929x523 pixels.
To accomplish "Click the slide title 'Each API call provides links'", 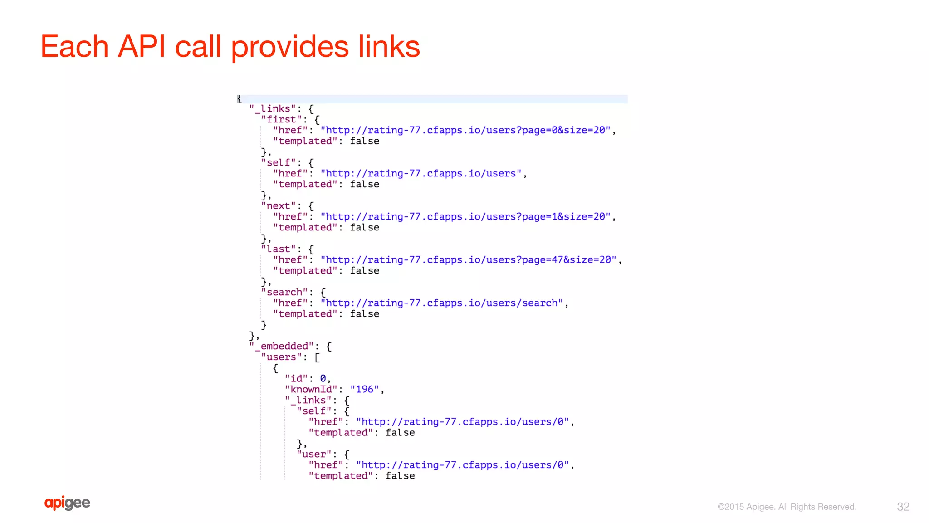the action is click(x=230, y=47).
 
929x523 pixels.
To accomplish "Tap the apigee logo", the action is click(x=67, y=503).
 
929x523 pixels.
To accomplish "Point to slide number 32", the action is click(x=903, y=507).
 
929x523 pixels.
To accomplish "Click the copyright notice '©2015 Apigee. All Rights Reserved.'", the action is click(x=787, y=507).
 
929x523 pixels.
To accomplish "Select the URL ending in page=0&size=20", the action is click(x=465, y=131).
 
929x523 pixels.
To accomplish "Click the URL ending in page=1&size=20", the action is click(x=465, y=217).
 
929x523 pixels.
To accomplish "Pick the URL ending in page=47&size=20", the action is click(x=468, y=260).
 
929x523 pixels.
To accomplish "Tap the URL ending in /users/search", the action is click(x=441, y=303).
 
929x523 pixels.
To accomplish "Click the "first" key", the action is click(x=281, y=120).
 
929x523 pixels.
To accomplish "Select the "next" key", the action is click(x=278, y=206).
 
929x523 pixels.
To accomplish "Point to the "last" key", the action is click(x=278, y=249).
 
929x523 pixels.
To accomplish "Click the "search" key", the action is click(x=284, y=292).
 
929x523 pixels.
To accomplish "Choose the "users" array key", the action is click(x=281, y=357).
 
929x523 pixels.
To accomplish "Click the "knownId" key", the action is click(x=311, y=390).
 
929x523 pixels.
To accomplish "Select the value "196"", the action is click(x=364, y=390).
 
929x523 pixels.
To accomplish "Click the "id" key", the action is click(x=296, y=379).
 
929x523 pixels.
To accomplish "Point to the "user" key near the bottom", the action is click(x=314, y=455).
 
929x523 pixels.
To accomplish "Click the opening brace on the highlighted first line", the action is click(x=240, y=99).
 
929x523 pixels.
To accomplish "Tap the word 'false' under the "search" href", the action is click(x=364, y=314).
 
